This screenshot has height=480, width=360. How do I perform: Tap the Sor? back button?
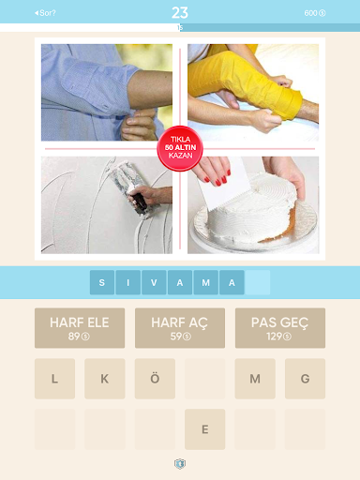point(45,13)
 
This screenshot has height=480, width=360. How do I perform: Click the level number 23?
point(180,13)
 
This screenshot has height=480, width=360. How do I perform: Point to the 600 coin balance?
point(315,13)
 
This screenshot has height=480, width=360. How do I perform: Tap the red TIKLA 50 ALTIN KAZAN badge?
point(180,148)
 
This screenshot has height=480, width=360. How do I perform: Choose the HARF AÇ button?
point(180,328)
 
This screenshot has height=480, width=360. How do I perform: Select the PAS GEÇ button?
point(280,328)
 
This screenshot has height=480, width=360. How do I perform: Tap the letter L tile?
point(54,379)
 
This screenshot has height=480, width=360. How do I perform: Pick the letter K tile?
point(105,379)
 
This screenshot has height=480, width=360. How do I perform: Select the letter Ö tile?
point(155,379)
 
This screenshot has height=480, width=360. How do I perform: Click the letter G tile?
point(305,379)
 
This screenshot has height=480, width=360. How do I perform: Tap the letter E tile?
point(204,429)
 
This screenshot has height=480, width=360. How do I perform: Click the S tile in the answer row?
point(102,282)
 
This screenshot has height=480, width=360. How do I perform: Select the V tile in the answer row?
point(154,282)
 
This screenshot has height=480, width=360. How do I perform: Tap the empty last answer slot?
point(258,282)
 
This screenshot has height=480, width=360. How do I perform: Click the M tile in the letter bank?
point(255,379)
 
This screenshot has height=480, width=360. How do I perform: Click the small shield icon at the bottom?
point(180,464)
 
